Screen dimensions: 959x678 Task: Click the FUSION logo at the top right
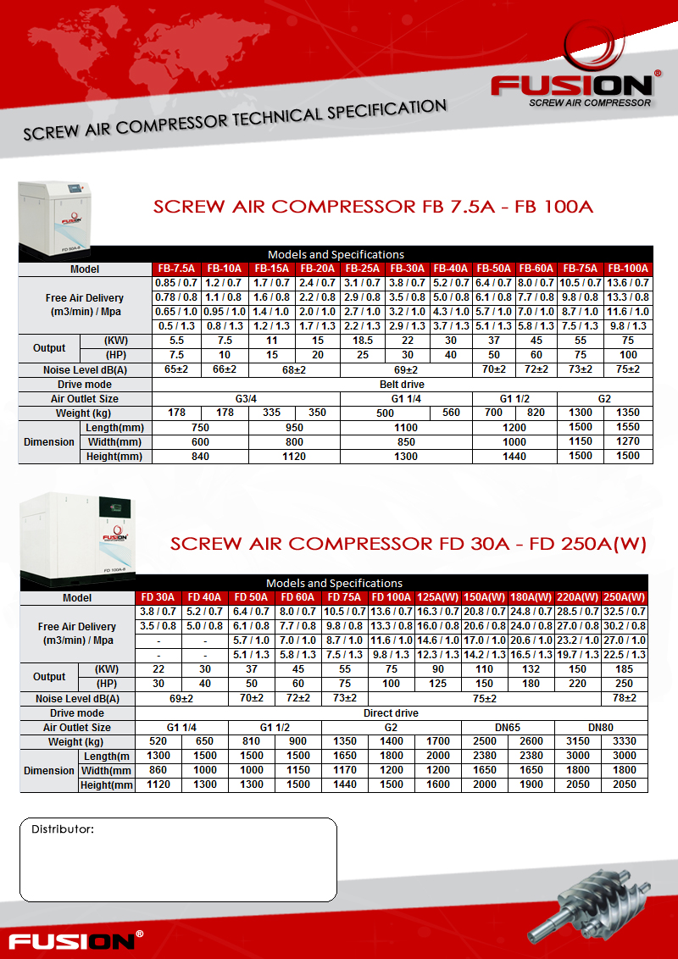coord(571,86)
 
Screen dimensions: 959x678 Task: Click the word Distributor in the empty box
coord(63,829)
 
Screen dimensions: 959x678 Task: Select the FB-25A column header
coord(362,269)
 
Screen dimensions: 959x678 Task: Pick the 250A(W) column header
coord(625,597)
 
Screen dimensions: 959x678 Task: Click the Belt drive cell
coord(402,385)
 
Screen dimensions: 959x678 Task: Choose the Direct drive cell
coord(391,713)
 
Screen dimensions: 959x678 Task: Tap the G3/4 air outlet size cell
coord(246,398)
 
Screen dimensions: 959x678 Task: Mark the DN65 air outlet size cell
coord(508,728)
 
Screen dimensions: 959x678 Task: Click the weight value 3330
coord(625,741)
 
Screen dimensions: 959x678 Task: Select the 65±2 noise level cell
coord(175,370)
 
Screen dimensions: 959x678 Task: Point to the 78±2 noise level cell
coord(625,698)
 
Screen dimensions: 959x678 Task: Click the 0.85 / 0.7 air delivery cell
coord(175,283)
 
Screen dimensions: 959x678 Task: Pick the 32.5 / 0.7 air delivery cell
coord(625,612)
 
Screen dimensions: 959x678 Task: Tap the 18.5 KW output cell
coord(362,340)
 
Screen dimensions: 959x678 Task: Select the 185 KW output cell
coord(625,669)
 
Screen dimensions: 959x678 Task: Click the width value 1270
coord(629,442)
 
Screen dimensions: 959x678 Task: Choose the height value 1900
coord(531,785)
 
